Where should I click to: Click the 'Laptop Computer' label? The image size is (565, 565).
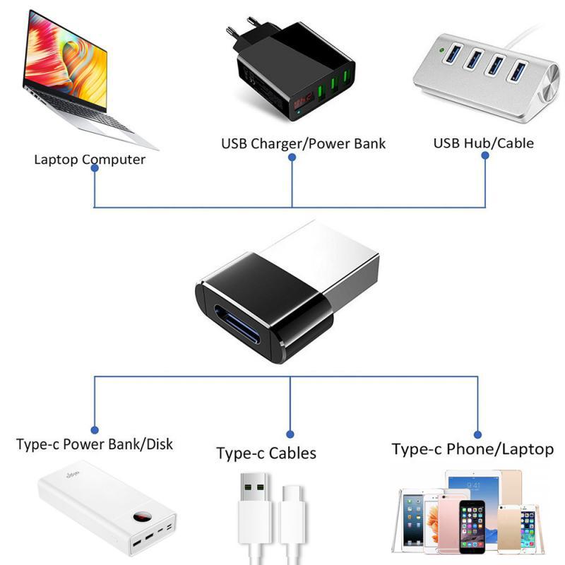coord(90,159)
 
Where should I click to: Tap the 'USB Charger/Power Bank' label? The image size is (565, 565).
coord(304,144)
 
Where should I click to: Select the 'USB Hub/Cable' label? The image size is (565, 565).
coord(484,143)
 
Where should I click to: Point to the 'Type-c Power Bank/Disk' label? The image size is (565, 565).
coord(95,445)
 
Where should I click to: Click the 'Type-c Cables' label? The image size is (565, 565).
coord(266,453)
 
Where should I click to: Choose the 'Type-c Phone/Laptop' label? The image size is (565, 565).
coord(472,449)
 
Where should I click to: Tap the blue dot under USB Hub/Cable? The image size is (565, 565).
coord(486,158)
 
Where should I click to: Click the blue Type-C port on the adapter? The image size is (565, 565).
coord(251,322)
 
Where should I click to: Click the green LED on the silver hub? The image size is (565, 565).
coord(441,51)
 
